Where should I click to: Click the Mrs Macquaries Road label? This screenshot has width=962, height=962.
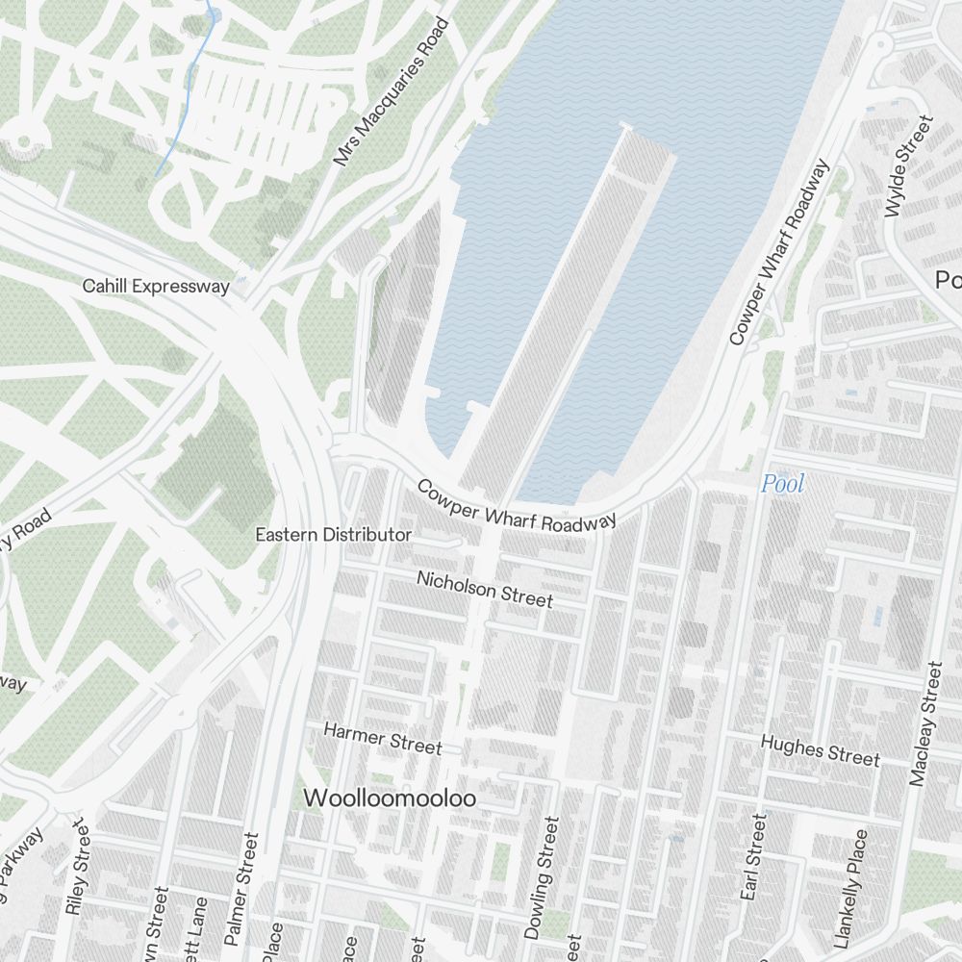392,92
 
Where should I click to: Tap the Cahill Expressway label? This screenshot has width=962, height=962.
156,287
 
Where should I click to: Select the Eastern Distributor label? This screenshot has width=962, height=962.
333,535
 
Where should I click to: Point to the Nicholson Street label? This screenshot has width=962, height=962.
485,588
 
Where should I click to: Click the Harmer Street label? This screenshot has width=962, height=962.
383,739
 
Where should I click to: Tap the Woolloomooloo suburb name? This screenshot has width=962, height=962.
390,798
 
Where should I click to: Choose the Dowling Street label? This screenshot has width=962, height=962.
541,877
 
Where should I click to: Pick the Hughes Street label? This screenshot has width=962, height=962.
820,750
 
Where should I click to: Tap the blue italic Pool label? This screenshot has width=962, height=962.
782,484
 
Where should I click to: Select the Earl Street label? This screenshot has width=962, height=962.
754,858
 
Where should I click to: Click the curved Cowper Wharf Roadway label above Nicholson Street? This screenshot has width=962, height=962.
516,505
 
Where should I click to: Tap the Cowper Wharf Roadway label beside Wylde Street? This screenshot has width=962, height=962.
778,253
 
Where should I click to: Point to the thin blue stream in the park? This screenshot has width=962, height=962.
183,106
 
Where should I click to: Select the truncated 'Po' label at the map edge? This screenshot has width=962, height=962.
949,280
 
